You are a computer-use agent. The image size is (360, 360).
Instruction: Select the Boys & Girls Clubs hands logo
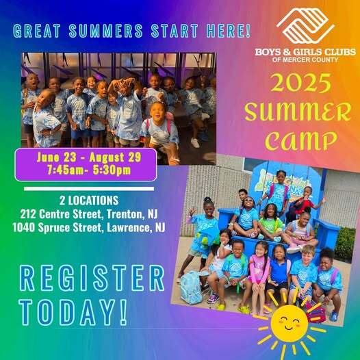point(305,26)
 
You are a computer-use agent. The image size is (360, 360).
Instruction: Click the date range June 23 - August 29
point(86,157)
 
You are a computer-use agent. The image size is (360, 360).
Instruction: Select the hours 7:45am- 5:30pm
point(86,169)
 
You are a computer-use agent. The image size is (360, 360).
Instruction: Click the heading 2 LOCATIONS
point(89,201)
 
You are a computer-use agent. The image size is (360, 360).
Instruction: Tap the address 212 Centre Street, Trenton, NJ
point(89,214)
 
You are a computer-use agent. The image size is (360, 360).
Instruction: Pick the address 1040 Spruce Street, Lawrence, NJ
point(89,227)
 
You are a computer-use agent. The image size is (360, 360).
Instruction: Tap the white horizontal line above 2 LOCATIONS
point(89,187)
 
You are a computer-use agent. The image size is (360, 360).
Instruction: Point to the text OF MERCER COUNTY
point(305,59)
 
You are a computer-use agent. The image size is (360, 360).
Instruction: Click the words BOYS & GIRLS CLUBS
point(305,50)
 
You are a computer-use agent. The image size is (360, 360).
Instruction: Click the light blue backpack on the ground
point(192,287)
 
